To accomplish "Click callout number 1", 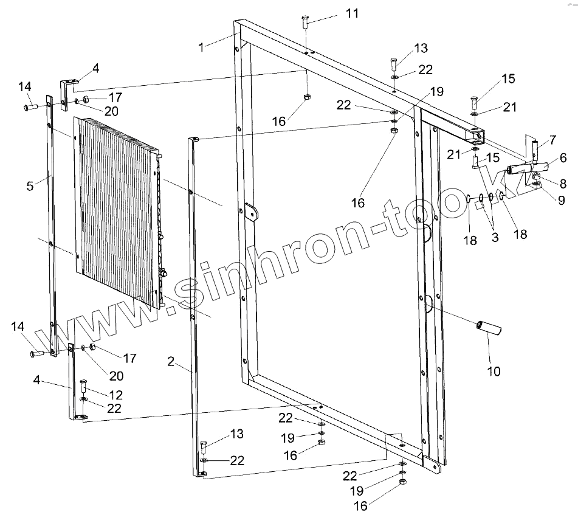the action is pyautogui.click(x=201, y=46).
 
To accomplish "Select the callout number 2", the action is pyautogui.click(x=171, y=362).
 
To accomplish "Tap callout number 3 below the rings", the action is pyautogui.click(x=495, y=237).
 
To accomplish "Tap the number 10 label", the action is pyautogui.click(x=494, y=370).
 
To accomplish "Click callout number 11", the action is pyautogui.click(x=353, y=13).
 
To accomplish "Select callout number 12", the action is pyautogui.click(x=116, y=395).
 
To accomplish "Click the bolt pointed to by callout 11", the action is pyautogui.click(x=305, y=24).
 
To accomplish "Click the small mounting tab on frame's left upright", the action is pyautogui.click(x=251, y=213).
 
